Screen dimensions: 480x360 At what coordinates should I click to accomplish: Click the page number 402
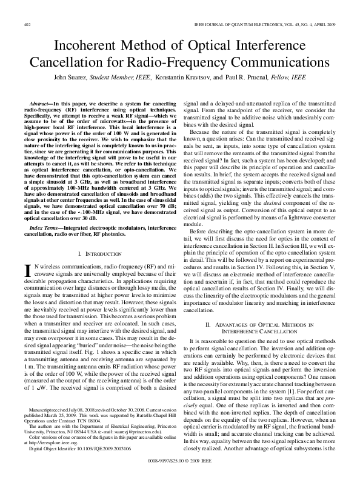(27, 25)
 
